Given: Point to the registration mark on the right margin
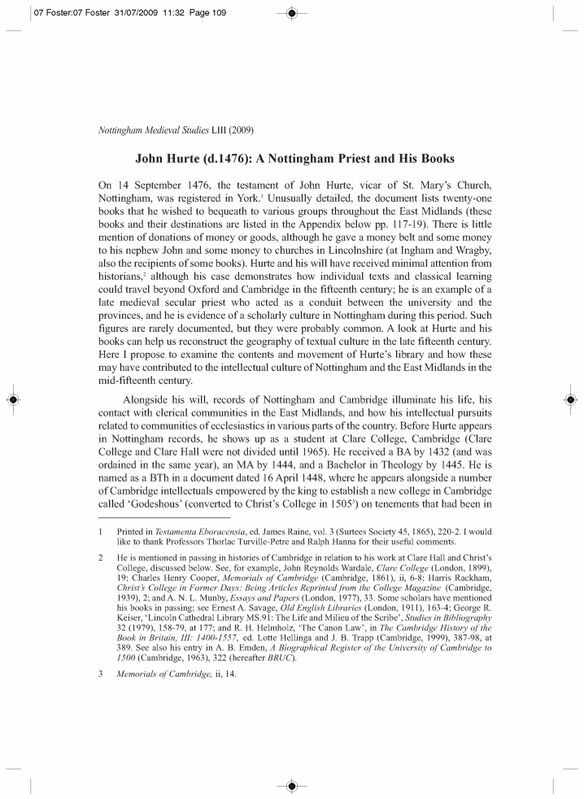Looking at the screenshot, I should (x=570, y=399).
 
